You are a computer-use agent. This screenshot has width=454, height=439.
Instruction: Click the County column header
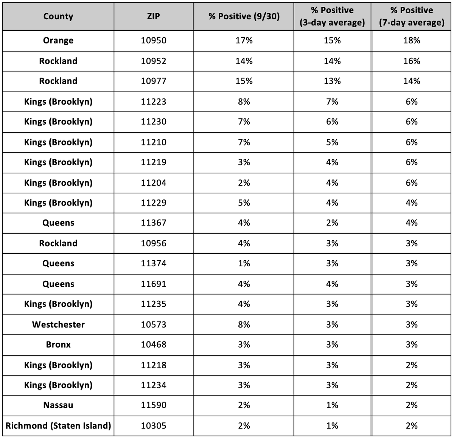click(58, 16)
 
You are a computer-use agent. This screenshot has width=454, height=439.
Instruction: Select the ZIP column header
click(154, 16)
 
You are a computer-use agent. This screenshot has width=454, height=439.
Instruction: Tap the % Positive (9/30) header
click(244, 16)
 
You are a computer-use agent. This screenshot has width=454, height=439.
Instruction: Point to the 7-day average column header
click(411, 16)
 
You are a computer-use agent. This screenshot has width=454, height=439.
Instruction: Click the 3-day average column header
click(332, 16)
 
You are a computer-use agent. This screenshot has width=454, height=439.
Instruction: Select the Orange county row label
click(58, 40)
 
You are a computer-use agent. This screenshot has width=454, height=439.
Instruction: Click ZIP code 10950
click(154, 40)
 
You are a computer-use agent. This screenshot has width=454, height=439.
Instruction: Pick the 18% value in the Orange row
click(411, 40)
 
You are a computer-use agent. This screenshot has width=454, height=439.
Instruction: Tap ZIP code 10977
click(154, 81)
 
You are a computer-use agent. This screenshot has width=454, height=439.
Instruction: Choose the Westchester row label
click(58, 325)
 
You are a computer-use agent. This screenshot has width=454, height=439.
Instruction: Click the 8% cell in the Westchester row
click(244, 325)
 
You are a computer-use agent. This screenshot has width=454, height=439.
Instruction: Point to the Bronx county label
click(58, 345)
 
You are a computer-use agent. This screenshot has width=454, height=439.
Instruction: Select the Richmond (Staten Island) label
click(58, 426)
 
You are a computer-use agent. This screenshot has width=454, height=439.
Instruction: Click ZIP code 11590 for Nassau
click(154, 405)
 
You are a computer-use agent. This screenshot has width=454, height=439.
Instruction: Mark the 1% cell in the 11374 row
click(244, 263)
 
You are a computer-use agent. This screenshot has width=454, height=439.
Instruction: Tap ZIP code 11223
click(154, 102)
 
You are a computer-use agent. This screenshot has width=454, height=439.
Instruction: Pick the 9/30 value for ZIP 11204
click(244, 183)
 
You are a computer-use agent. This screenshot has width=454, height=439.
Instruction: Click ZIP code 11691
click(154, 284)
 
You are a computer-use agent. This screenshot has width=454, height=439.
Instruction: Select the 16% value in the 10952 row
click(411, 61)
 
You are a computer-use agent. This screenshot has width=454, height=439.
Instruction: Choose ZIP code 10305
click(154, 426)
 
